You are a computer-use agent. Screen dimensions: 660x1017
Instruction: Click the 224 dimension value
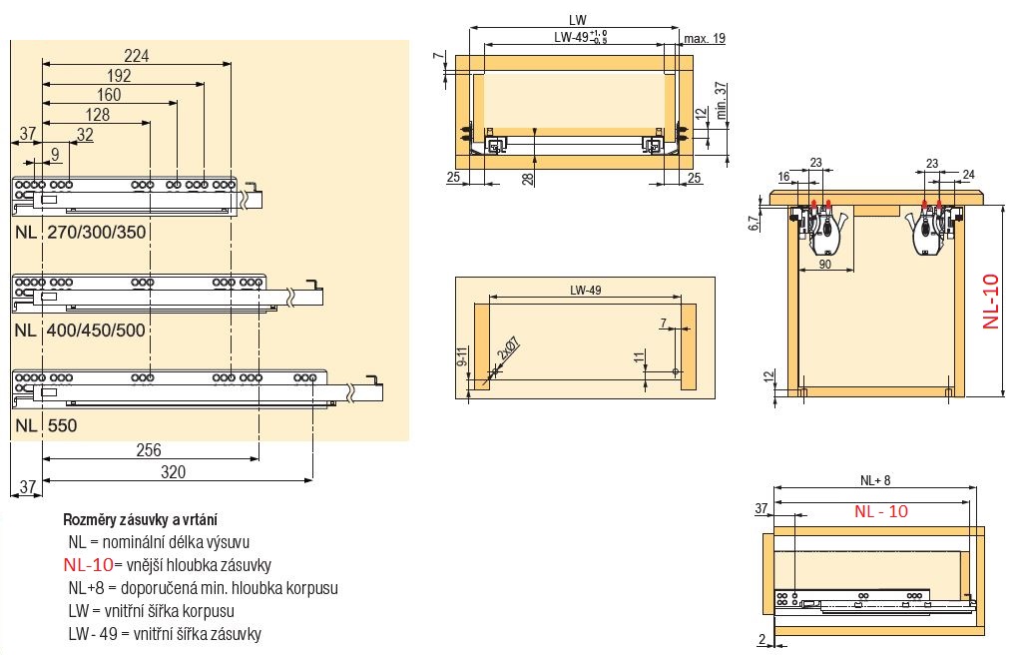(137, 56)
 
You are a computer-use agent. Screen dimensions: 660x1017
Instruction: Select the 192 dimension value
(119, 76)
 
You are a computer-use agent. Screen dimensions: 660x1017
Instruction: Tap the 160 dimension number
(108, 95)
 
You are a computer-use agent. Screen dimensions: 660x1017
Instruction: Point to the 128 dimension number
(97, 114)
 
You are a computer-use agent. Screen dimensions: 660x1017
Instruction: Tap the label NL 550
(46, 424)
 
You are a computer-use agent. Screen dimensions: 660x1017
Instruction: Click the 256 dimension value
(149, 450)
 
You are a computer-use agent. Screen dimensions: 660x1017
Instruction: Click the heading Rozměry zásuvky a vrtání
(141, 520)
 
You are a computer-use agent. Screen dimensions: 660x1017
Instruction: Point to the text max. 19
(705, 38)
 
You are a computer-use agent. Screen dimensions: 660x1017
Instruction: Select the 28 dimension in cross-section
(528, 177)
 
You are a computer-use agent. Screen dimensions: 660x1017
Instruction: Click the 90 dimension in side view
(824, 265)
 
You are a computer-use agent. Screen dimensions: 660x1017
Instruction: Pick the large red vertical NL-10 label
(990, 301)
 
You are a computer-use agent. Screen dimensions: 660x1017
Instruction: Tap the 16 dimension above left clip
(783, 176)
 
